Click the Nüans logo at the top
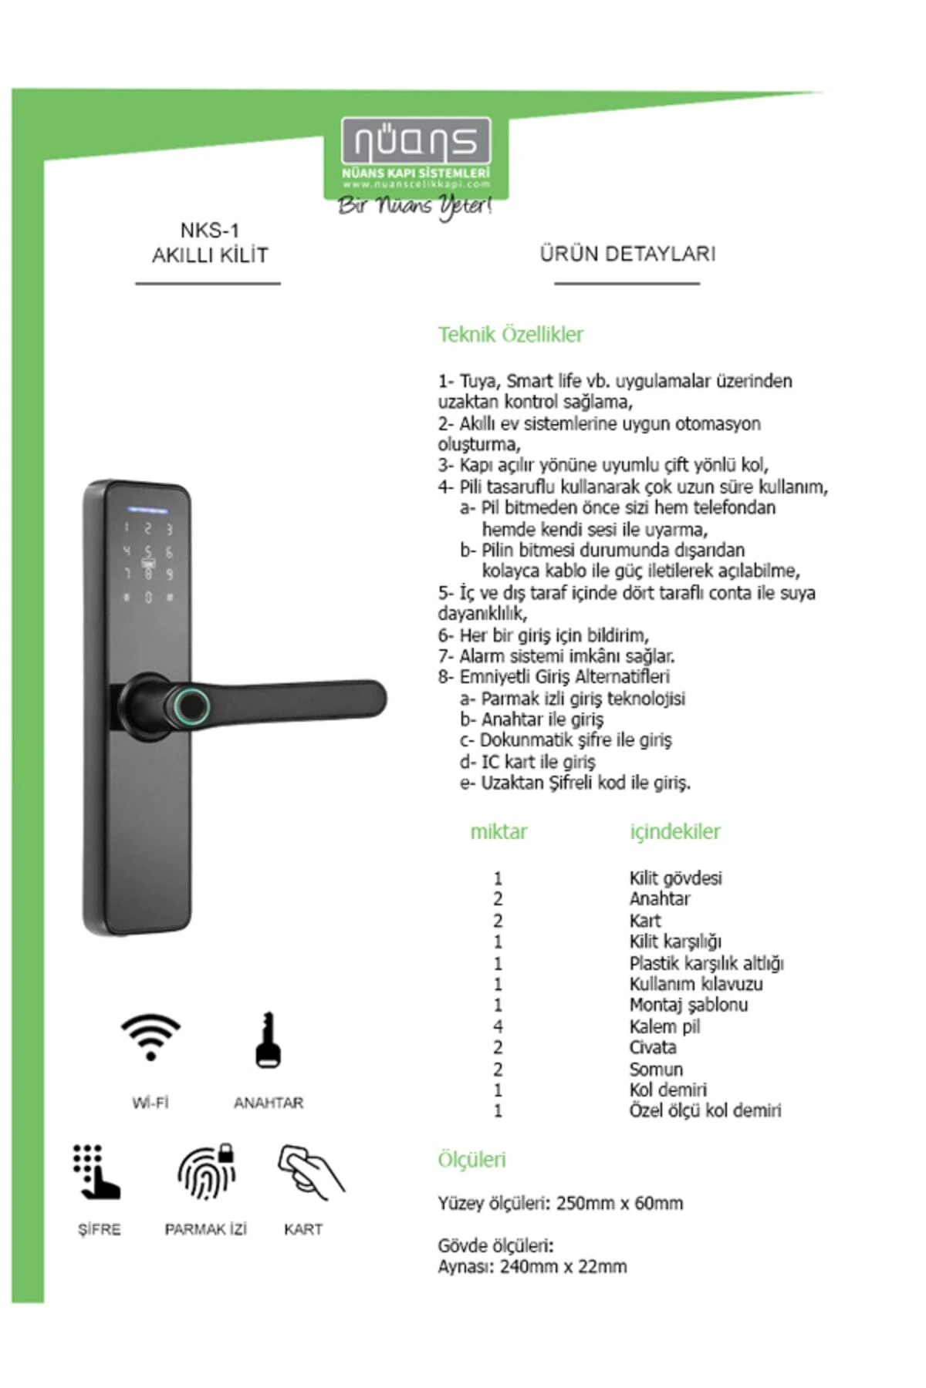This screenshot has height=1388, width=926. click(x=416, y=143)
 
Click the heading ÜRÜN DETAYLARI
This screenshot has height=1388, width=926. click(x=627, y=254)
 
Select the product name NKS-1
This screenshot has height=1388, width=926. click(x=209, y=230)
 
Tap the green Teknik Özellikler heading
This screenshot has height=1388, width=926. click(x=510, y=335)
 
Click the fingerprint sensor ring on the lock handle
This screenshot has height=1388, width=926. click(x=190, y=705)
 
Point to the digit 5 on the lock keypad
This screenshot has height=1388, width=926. click(x=148, y=551)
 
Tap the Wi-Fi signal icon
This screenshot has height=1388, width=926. click(x=150, y=1037)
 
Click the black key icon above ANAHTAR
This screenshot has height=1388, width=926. click(x=268, y=1040)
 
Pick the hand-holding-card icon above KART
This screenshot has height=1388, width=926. click(x=310, y=1172)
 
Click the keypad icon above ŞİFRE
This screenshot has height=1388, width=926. click(x=96, y=1172)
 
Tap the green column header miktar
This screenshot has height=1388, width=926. click(x=498, y=832)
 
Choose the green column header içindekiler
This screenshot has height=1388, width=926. click(x=674, y=832)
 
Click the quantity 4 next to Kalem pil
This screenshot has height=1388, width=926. click(x=498, y=1026)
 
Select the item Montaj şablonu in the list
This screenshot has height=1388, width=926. click(x=688, y=1005)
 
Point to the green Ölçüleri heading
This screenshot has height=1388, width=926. click(x=471, y=1160)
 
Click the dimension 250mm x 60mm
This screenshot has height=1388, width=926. click(x=619, y=1203)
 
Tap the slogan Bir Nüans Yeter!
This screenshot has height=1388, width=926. click(x=414, y=206)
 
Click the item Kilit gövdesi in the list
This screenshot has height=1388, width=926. click(x=675, y=878)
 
